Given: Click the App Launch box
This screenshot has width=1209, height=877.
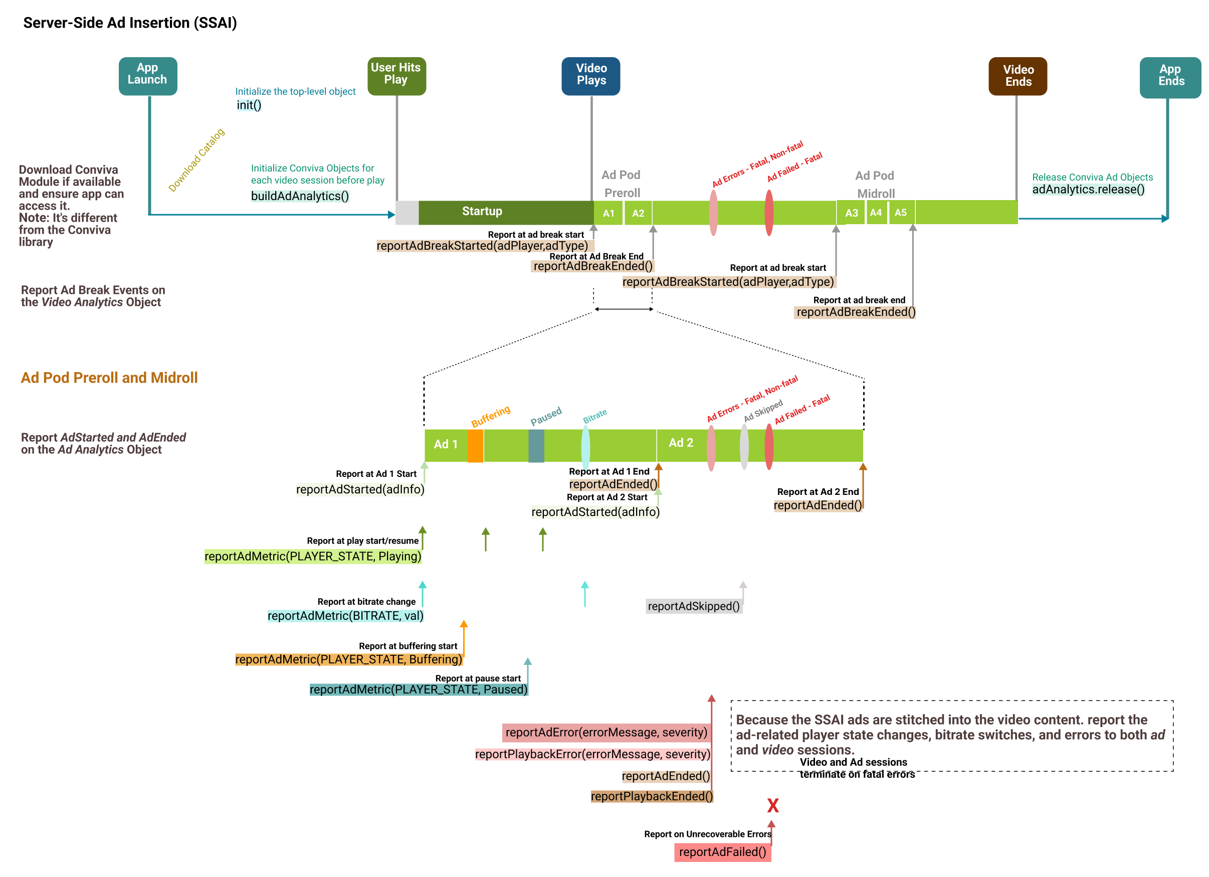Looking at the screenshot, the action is click(148, 76).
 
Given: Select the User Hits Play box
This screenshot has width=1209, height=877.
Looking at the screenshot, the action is click(396, 76).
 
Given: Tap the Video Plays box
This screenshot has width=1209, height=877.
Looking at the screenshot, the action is click(590, 76).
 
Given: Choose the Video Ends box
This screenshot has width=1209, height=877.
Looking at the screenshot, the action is click(1018, 76).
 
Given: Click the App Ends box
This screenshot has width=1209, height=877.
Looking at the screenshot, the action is click(1170, 77).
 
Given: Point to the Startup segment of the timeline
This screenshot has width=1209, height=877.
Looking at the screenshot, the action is click(506, 212).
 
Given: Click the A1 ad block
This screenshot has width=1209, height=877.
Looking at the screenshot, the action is click(608, 213).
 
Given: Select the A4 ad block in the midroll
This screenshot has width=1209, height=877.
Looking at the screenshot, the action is click(876, 212).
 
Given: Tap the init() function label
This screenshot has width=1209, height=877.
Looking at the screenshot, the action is click(249, 105).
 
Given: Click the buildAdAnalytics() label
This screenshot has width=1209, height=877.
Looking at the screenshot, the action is click(300, 196).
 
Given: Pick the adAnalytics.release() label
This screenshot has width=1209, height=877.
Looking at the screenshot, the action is click(1088, 189).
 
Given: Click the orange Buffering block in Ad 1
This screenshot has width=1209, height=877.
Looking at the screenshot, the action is click(476, 446).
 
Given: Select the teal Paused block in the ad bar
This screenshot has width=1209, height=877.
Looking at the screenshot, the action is click(536, 446).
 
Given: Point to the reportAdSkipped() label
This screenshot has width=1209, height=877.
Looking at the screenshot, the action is click(694, 606).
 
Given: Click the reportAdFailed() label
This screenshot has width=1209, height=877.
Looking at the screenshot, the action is click(722, 852).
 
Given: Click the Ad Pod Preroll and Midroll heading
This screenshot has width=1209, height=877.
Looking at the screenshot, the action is click(109, 378).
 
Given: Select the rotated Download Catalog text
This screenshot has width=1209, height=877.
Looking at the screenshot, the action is click(196, 160).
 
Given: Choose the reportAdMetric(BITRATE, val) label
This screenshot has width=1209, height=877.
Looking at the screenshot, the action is click(345, 616).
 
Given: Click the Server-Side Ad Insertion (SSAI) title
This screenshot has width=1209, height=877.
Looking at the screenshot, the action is click(130, 23).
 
